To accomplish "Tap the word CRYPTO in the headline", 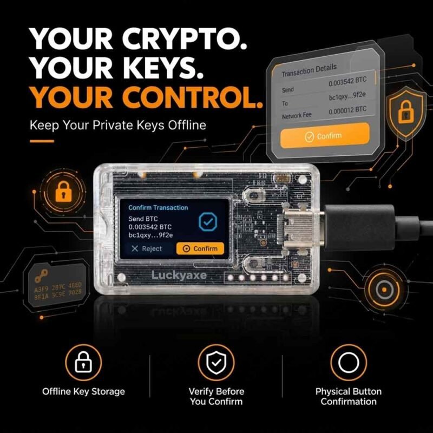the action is (x=185, y=38).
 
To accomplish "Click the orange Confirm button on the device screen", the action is (x=200, y=248).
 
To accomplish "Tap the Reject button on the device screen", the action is (x=147, y=248).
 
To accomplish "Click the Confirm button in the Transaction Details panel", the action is (x=325, y=136).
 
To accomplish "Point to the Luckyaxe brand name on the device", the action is (x=179, y=275).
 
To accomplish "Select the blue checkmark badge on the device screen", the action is (x=208, y=221).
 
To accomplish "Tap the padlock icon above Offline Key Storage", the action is (x=83, y=362).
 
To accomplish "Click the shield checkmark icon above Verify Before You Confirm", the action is (x=216, y=363).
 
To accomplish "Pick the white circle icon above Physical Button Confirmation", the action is (x=349, y=363).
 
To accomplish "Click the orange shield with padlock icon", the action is (x=405, y=113).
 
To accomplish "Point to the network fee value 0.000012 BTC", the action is (x=347, y=110).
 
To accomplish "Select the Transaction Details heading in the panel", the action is (x=309, y=70).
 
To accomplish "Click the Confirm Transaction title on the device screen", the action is (x=158, y=208).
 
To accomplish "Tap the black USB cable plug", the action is (x=359, y=227).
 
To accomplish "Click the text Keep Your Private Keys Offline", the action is (x=118, y=125).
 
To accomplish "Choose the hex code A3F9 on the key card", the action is (x=41, y=290).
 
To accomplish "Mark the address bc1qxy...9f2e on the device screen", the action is (x=150, y=235).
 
